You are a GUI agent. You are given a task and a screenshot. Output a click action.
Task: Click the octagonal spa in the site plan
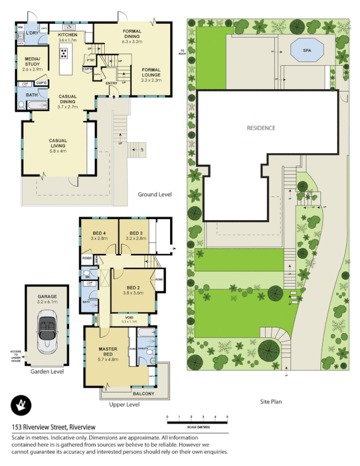306,51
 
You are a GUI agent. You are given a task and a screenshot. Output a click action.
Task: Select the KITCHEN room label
67,35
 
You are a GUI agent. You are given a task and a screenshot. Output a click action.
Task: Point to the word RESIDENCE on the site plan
260,128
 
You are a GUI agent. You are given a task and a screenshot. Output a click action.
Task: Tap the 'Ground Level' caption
154,194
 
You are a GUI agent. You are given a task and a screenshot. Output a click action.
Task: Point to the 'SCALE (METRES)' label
196,426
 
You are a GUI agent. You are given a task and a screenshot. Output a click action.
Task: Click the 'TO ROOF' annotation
182,51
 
